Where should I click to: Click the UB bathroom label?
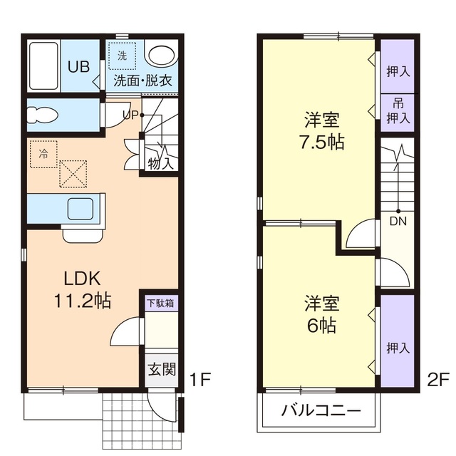[78, 67]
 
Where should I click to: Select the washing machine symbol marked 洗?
[122, 55]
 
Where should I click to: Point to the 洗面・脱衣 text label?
[142, 81]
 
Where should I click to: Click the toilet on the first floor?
[44, 115]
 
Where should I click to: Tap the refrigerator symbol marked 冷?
[44, 153]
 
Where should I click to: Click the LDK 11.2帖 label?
[82, 289]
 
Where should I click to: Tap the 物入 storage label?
[160, 162]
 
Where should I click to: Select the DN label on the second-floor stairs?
[398, 220]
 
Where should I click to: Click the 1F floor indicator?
[200, 380]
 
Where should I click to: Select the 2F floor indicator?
[437, 380]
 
